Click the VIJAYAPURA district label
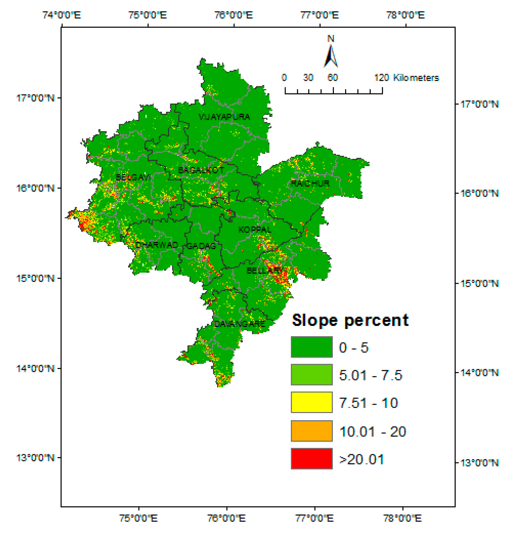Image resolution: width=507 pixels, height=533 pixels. point(224,117)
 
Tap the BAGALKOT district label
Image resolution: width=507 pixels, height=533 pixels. point(201,170)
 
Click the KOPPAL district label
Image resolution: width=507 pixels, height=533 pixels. point(255,230)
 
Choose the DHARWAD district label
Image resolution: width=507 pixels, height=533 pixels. point(157,245)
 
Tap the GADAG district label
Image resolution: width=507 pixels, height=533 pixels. point(202,246)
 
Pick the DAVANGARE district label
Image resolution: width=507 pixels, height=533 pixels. point(239,324)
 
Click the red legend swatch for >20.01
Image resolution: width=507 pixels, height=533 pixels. point(312,459)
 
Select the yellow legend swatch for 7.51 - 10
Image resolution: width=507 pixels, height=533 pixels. point(312,402)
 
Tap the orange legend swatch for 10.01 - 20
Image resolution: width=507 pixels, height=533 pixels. point(312,431)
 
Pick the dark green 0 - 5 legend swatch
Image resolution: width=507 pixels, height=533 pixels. point(312,347)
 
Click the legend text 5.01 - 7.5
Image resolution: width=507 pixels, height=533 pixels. point(371,375)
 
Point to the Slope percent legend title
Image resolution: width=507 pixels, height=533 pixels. point(350,321)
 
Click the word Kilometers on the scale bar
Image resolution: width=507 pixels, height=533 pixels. point(416,78)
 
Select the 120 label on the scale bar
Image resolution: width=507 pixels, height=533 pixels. point(381,78)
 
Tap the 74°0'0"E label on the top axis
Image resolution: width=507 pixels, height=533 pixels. point(62,15)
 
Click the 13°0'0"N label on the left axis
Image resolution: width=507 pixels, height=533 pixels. point(35,458)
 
